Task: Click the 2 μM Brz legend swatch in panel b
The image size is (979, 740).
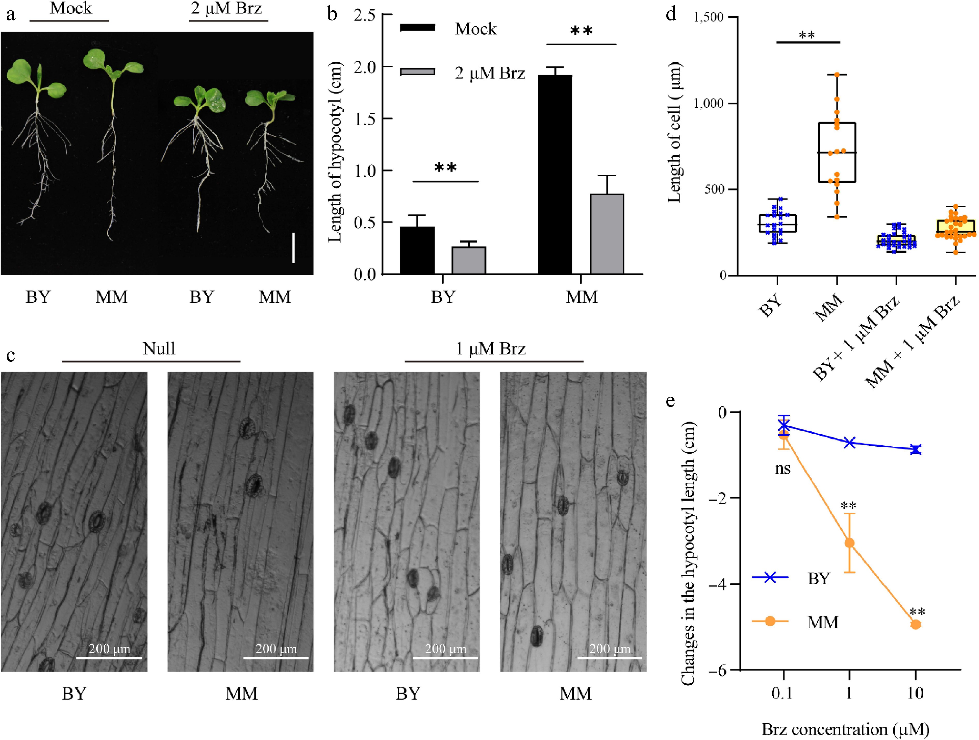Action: click(x=417, y=72)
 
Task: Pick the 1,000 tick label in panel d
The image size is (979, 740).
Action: click(x=708, y=103)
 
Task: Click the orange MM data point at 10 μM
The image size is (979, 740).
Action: click(x=915, y=624)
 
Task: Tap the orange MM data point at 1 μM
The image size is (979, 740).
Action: click(x=849, y=543)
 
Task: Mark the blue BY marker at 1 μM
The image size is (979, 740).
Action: click(x=849, y=442)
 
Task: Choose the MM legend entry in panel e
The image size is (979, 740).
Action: click(x=822, y=622)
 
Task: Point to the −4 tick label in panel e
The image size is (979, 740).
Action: click(x=717, y=584)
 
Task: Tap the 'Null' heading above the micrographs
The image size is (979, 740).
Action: click(x=159, y=348)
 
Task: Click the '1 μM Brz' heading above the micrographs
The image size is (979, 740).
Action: click(x=490, y=348)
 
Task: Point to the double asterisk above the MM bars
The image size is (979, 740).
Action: click(x=581, y=31)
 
